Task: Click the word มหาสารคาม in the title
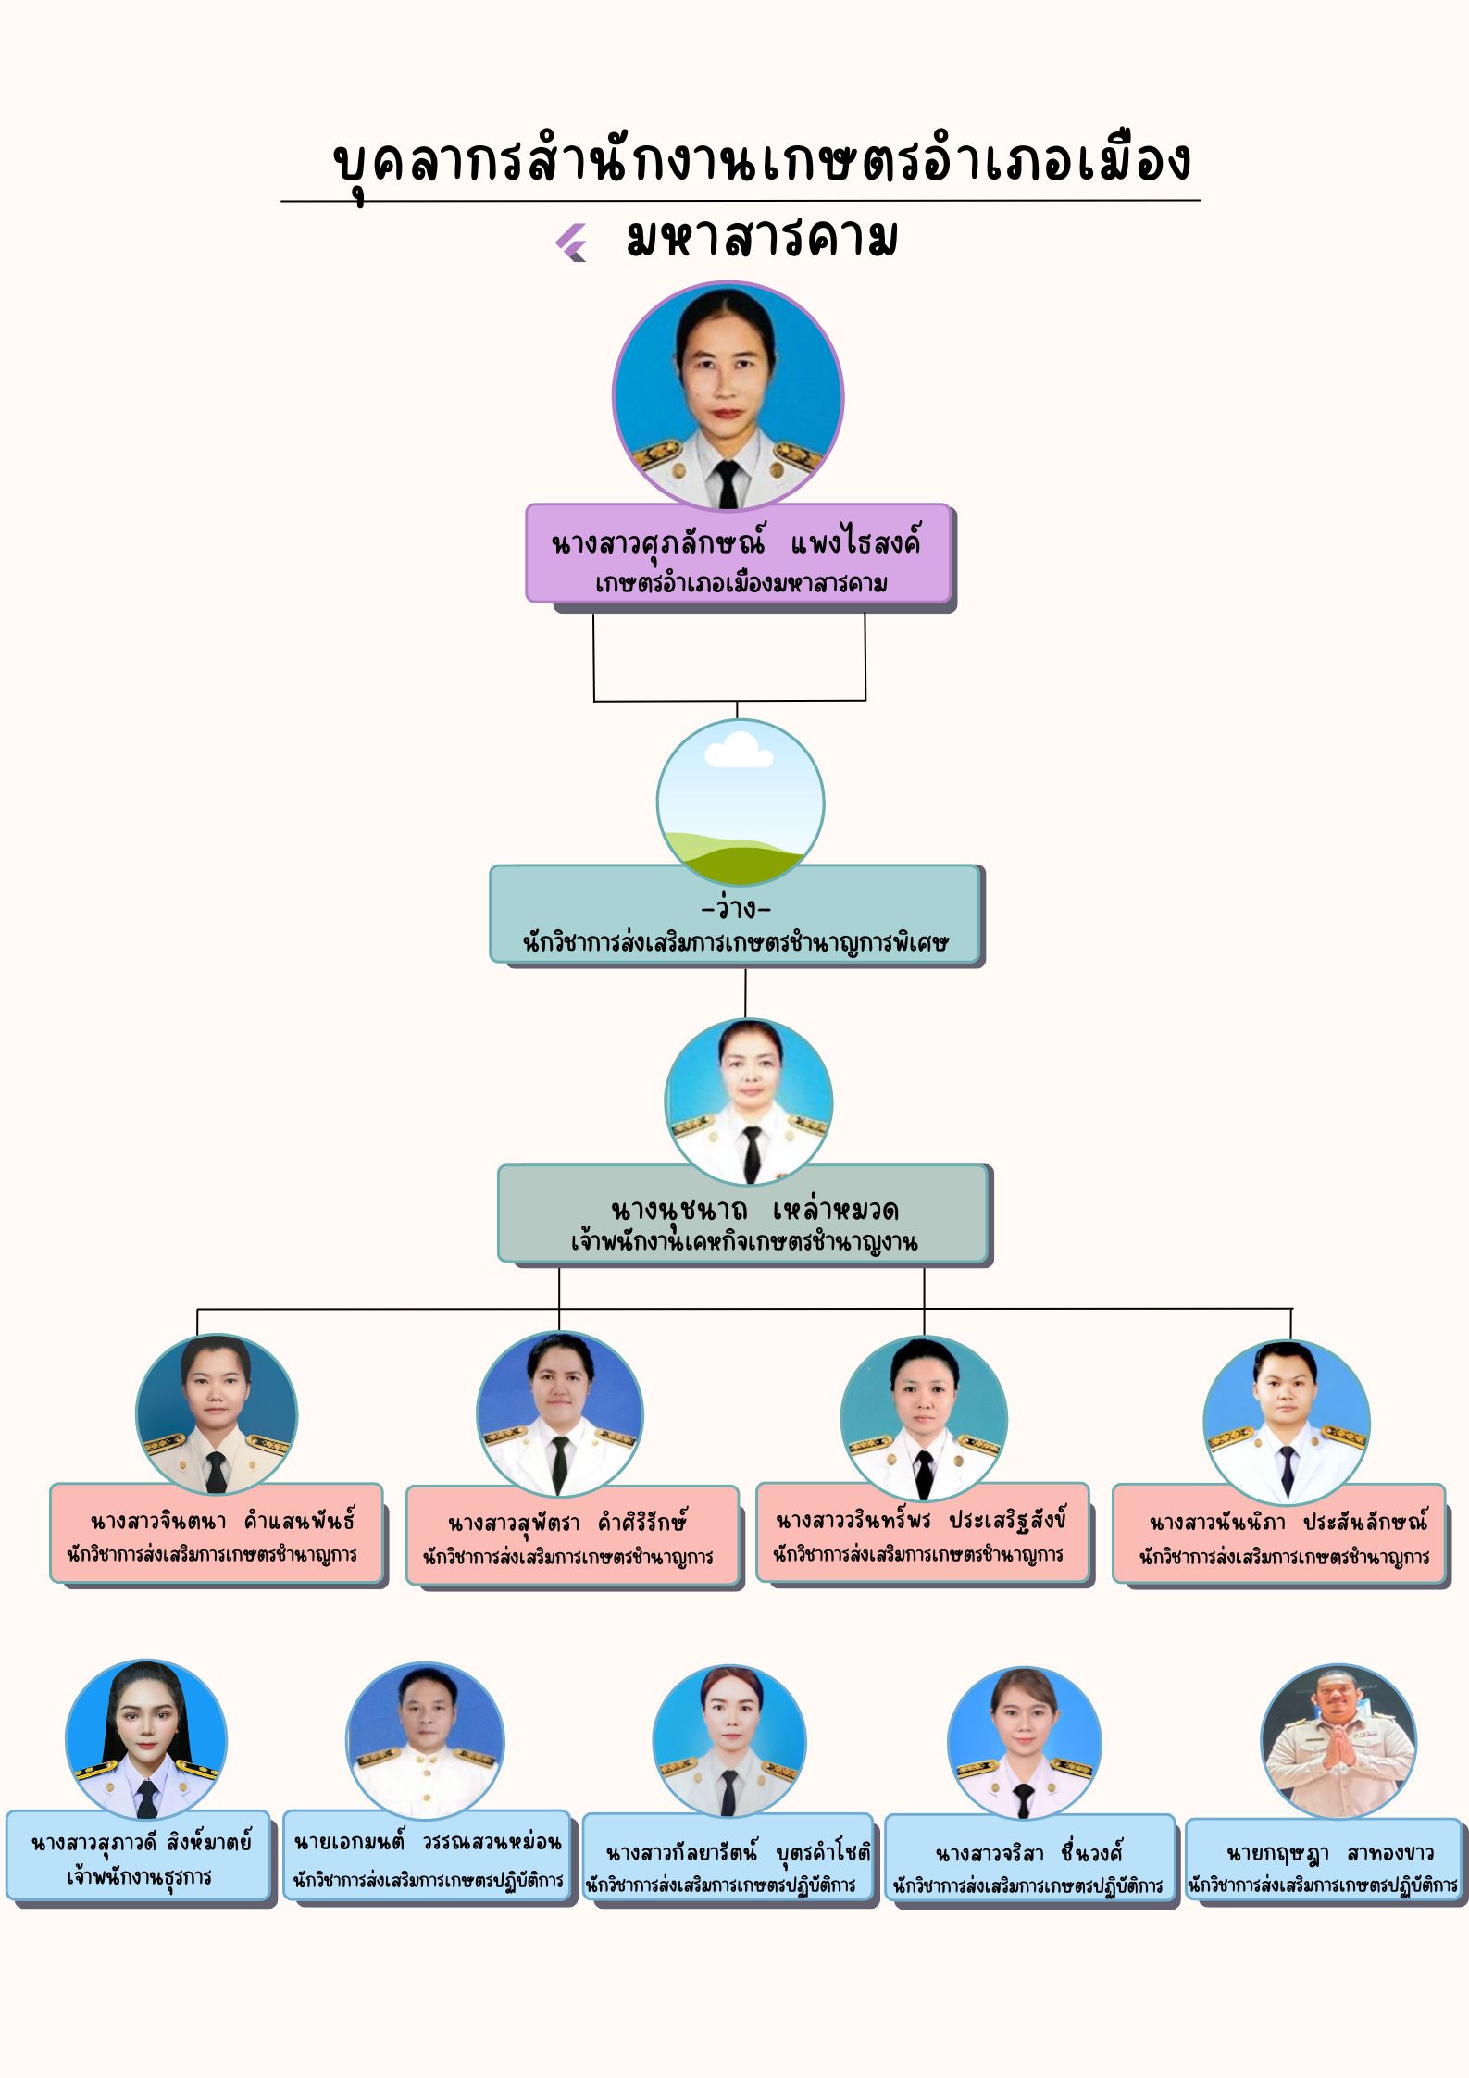(x=761, y=240)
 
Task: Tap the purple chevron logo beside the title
(x=571, y=243)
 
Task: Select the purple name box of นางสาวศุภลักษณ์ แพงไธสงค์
(x=738, y=554)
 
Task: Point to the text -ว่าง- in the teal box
(x=736, y=908)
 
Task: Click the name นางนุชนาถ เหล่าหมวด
(x=753, y=1209)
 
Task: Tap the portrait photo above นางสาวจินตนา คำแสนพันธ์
(x=216, y=1412)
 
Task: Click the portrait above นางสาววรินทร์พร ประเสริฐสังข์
(x=923, y=1418)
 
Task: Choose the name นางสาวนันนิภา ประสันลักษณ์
(x=1288, y=1522)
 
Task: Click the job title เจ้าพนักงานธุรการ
(x=139, y=1877)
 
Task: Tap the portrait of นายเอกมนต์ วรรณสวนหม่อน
(x=426, y=1739)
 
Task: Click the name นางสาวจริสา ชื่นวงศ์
(x=1028, y=1854)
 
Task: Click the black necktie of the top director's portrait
(x=728, y=483)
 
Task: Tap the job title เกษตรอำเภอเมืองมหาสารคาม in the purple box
(x=741, y=584)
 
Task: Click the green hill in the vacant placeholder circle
(x=741, y=861)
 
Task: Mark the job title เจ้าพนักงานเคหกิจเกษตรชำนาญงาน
(x=744, y=1241)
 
